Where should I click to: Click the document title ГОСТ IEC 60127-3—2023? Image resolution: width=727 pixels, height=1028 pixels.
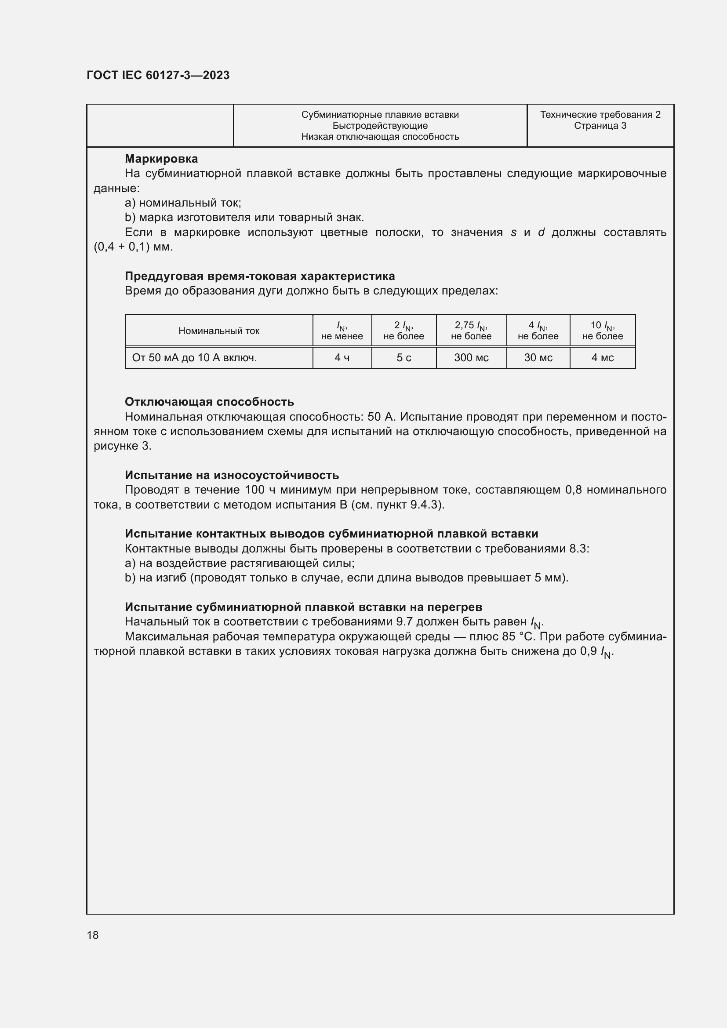[x=158, y=75]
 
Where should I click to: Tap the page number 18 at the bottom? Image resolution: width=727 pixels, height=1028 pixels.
[x=93, y=935]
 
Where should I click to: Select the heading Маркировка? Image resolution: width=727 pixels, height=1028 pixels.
[x=161, y=159]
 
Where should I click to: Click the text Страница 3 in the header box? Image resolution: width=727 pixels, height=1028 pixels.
[x=600, y=126]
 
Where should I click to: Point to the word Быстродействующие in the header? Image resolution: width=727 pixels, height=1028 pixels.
[x=380, y=126]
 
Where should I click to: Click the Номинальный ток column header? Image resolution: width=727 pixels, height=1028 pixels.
[x=219, y=331]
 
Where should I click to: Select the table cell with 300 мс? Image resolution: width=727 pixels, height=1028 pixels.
[x=471, y=358]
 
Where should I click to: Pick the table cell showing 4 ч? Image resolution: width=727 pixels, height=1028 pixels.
[x=342, y=358]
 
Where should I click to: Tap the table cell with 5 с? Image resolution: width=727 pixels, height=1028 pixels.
[x=404, y=358]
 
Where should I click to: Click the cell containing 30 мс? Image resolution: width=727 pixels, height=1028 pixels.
[x=538, y=358]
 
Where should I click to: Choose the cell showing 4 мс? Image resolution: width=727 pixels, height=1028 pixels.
[x=603, y=358]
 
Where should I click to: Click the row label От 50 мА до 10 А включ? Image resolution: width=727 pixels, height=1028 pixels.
[x=194, y=358]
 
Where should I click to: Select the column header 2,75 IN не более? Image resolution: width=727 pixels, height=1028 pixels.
[x=471, y=331]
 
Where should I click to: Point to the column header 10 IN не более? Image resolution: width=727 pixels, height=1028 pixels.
[x=603, y=331]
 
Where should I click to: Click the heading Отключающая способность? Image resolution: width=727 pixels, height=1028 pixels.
[x=209, y=402]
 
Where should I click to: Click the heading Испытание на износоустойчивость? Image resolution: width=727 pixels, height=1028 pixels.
[x=232, y=475]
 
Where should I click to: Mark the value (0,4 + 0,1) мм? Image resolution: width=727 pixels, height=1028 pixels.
[x=133, y=247]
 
